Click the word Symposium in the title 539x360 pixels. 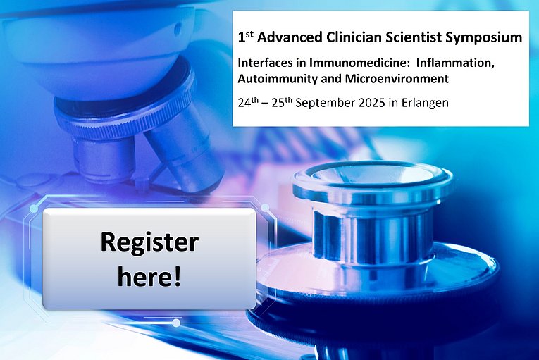483,38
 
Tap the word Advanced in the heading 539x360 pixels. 290,37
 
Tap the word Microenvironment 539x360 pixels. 397,79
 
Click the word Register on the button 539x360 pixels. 149,243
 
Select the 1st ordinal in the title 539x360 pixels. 245,37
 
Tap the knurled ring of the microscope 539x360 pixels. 124,117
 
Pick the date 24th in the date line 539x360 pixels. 248,102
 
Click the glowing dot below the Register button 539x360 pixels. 176,323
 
